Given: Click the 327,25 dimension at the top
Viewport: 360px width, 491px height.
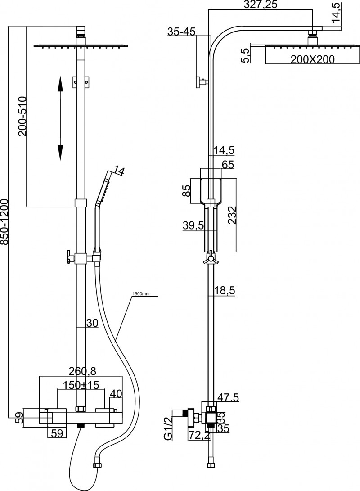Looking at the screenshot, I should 261,5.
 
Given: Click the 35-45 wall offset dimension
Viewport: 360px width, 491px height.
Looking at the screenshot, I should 181,32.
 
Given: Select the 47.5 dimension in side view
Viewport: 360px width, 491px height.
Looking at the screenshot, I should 228,397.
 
